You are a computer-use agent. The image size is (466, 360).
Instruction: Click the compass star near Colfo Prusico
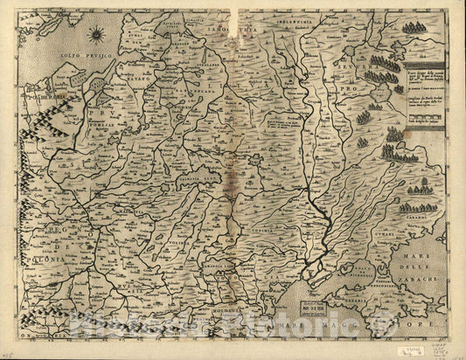[x=97, y=35]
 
